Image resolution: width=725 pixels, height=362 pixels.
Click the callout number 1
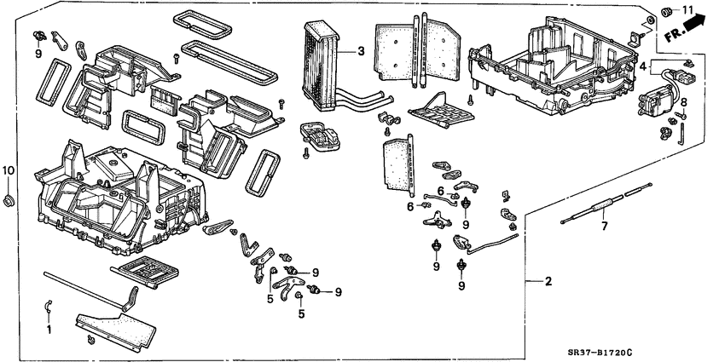49,328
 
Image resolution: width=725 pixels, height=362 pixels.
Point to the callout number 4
643,65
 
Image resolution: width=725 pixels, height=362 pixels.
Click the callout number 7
605,227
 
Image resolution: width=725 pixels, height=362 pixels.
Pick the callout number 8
682,102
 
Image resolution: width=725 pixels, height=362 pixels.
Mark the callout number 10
9,171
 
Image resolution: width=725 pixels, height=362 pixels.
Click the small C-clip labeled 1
49,307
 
